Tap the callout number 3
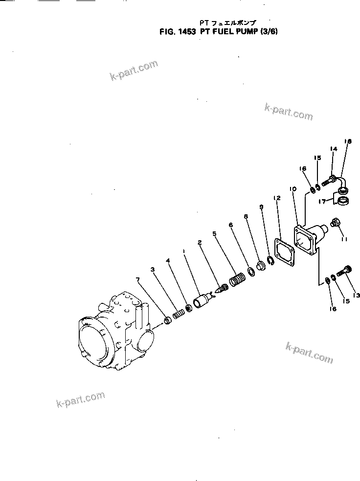(153, 270)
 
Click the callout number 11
(344, 239)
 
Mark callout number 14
(334, 149)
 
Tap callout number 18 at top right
(348, 141)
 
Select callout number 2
(200, 242)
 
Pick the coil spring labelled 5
(237, 281)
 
